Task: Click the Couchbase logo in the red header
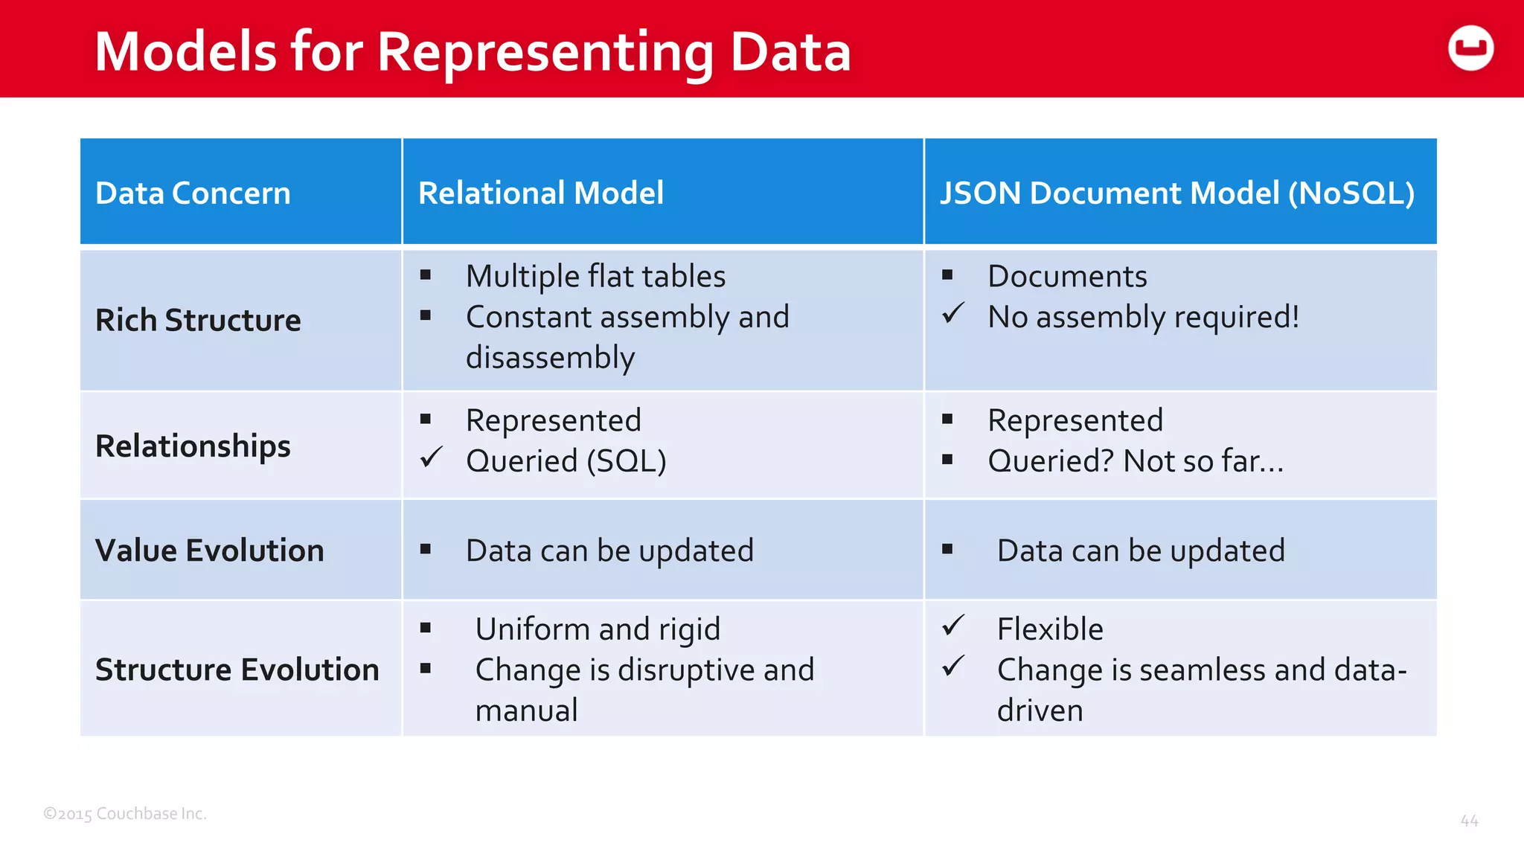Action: [1470, 48]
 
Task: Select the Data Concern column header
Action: [193, 193]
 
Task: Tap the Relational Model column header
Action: [540, 193]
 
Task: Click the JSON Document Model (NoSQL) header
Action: [1176, 193]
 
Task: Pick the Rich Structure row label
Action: [198, 321]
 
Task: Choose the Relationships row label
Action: [193, 446]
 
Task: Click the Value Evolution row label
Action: [209, 551]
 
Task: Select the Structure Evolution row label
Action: [237, 670]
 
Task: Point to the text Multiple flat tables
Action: [595, 277]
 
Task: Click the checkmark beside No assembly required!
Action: [952, 314]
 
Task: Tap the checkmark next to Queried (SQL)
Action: [431, 458]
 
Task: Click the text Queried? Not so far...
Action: [1135, 461]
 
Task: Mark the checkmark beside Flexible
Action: [952, 626]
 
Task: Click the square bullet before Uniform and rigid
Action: [426, 628]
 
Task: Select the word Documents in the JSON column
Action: [1067, 277]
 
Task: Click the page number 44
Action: [1469, 821]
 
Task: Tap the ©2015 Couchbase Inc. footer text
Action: [125, 814]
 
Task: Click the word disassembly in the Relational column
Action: [550, 358]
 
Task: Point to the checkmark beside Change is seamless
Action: [952, 667]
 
